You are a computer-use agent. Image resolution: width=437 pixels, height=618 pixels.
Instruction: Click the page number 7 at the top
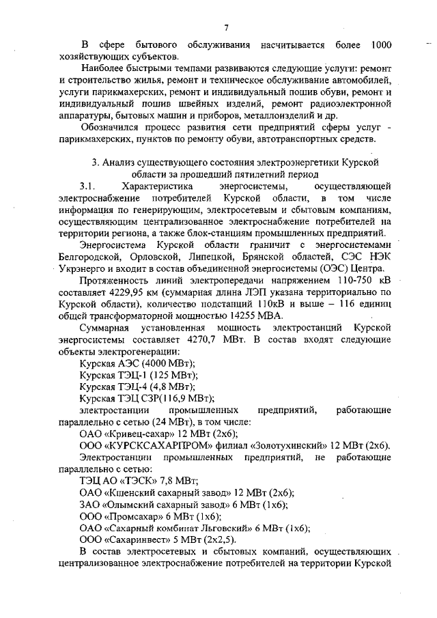click(225, 27)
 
